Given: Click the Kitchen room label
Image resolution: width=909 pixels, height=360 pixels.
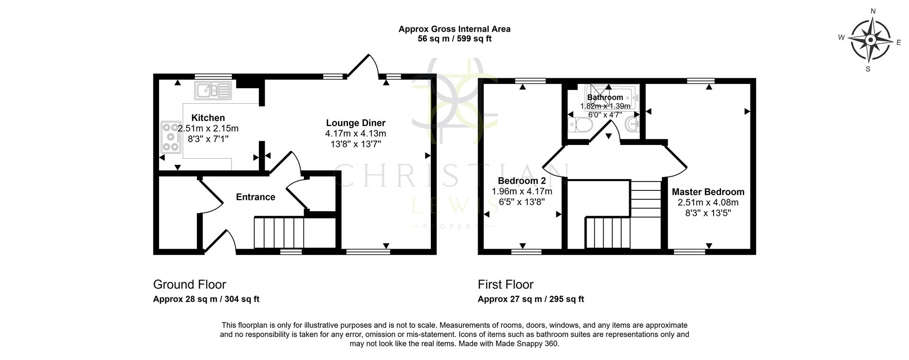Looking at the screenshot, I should click(x=208, y=118).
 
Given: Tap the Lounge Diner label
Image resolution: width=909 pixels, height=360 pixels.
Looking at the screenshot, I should click(x=355, y=123).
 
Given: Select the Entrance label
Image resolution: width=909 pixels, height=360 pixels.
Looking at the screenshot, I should click(x=256, y=197).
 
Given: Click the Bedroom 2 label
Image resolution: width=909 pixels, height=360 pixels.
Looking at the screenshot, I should click(x=522, y=181).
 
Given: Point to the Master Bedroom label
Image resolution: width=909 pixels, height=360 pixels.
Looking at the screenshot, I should click(x=708, y=192).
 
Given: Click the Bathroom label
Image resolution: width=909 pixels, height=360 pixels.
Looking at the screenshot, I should click(x=605, y=98).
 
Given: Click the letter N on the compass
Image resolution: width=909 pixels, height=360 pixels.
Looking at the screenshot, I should click(x=873, y=11).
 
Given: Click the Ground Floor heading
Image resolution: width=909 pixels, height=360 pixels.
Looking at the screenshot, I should click(x=189, y=284).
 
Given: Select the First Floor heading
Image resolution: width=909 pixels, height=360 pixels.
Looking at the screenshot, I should click(x=505, y=284).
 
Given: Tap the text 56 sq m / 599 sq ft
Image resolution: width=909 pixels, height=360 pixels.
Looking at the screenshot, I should click(x=454, y=39).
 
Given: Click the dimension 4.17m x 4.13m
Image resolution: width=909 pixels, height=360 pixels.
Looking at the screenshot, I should click(x=355, y=134).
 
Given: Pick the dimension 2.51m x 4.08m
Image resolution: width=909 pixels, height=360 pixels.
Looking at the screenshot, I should click(x=708, y=203).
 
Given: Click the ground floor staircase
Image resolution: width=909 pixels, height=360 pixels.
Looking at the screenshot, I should click(x=279, y=232).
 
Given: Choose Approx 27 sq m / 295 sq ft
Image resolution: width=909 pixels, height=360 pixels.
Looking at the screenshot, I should click(x=531, y=299).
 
